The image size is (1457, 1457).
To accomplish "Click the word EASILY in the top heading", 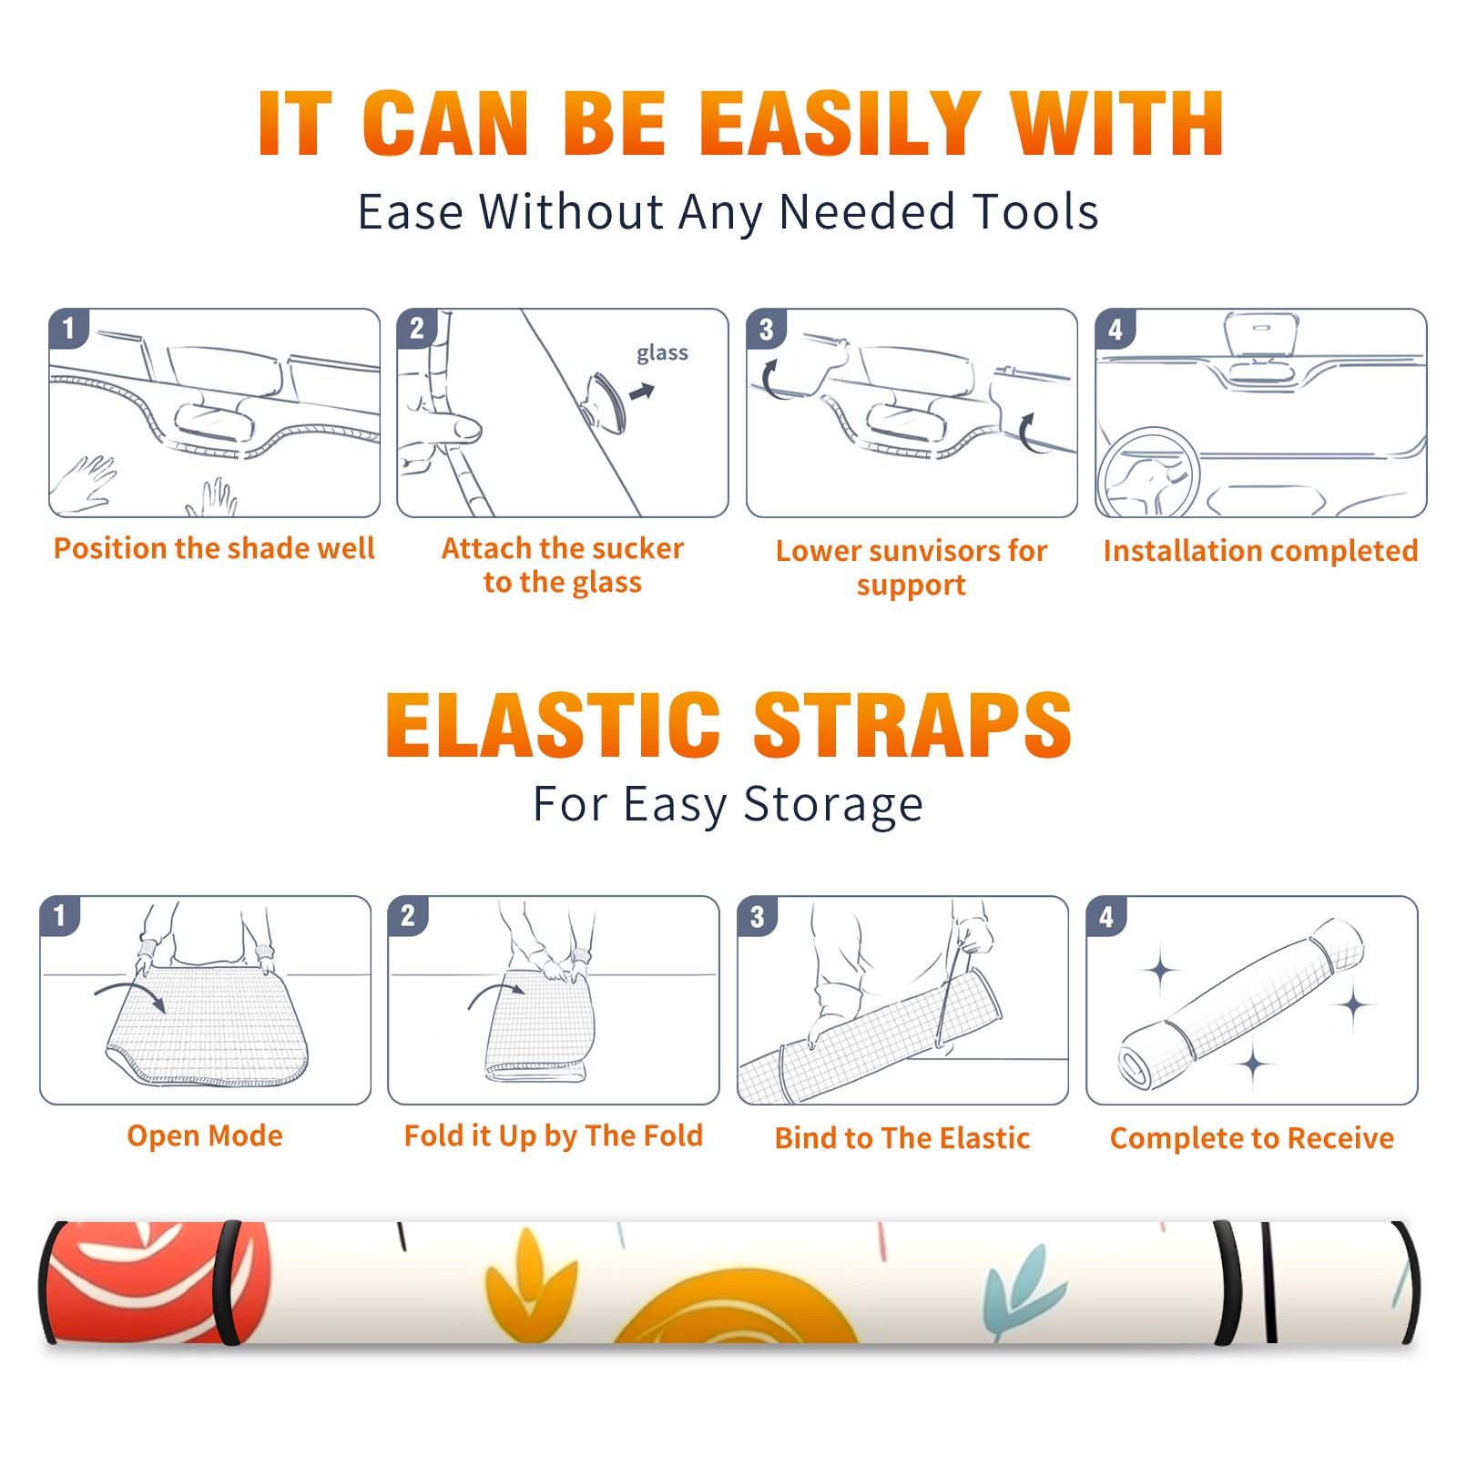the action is click(x=841, y=123).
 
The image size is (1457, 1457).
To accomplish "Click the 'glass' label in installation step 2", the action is click(x=662, y=353).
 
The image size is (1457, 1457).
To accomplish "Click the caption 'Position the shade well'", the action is click(x=214, y=548).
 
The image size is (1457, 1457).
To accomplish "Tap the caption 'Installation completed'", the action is click(x=1260, y=551).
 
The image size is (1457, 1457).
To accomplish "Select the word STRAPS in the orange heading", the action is click(x=912, y=725).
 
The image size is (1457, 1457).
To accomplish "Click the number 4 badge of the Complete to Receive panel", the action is click(x=1106, y=916).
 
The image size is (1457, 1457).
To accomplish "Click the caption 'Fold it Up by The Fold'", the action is click(x=554, y=1136).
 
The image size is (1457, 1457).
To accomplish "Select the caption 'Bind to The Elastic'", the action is click(x=902, y=1138).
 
